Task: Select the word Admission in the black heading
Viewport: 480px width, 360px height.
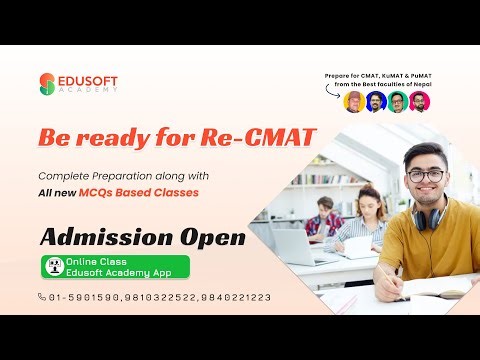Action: [x=105, y=238]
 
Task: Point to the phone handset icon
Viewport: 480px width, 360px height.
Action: [x=42, y=297]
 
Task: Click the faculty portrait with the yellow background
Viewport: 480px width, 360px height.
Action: [x=356, y=100]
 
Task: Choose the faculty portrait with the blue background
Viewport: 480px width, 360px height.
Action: [x=376, y=101]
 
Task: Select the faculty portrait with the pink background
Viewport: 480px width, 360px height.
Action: [x=418, y=101]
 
